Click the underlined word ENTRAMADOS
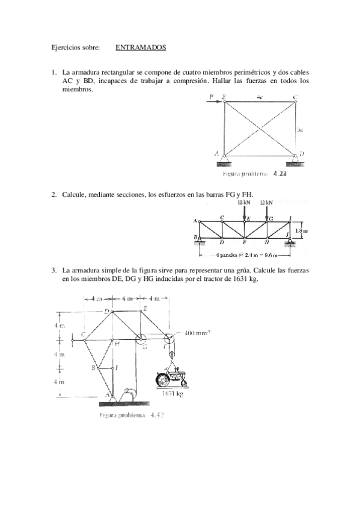pos(141,47)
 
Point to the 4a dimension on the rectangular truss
pos(259,97)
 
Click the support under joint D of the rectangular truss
pos(294,160)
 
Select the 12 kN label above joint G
pos(267,203)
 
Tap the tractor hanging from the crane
pos(171,379)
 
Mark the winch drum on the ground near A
pos(127,393)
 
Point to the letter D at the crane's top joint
pos(106,311)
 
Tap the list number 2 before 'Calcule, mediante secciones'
pos(53,194)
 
